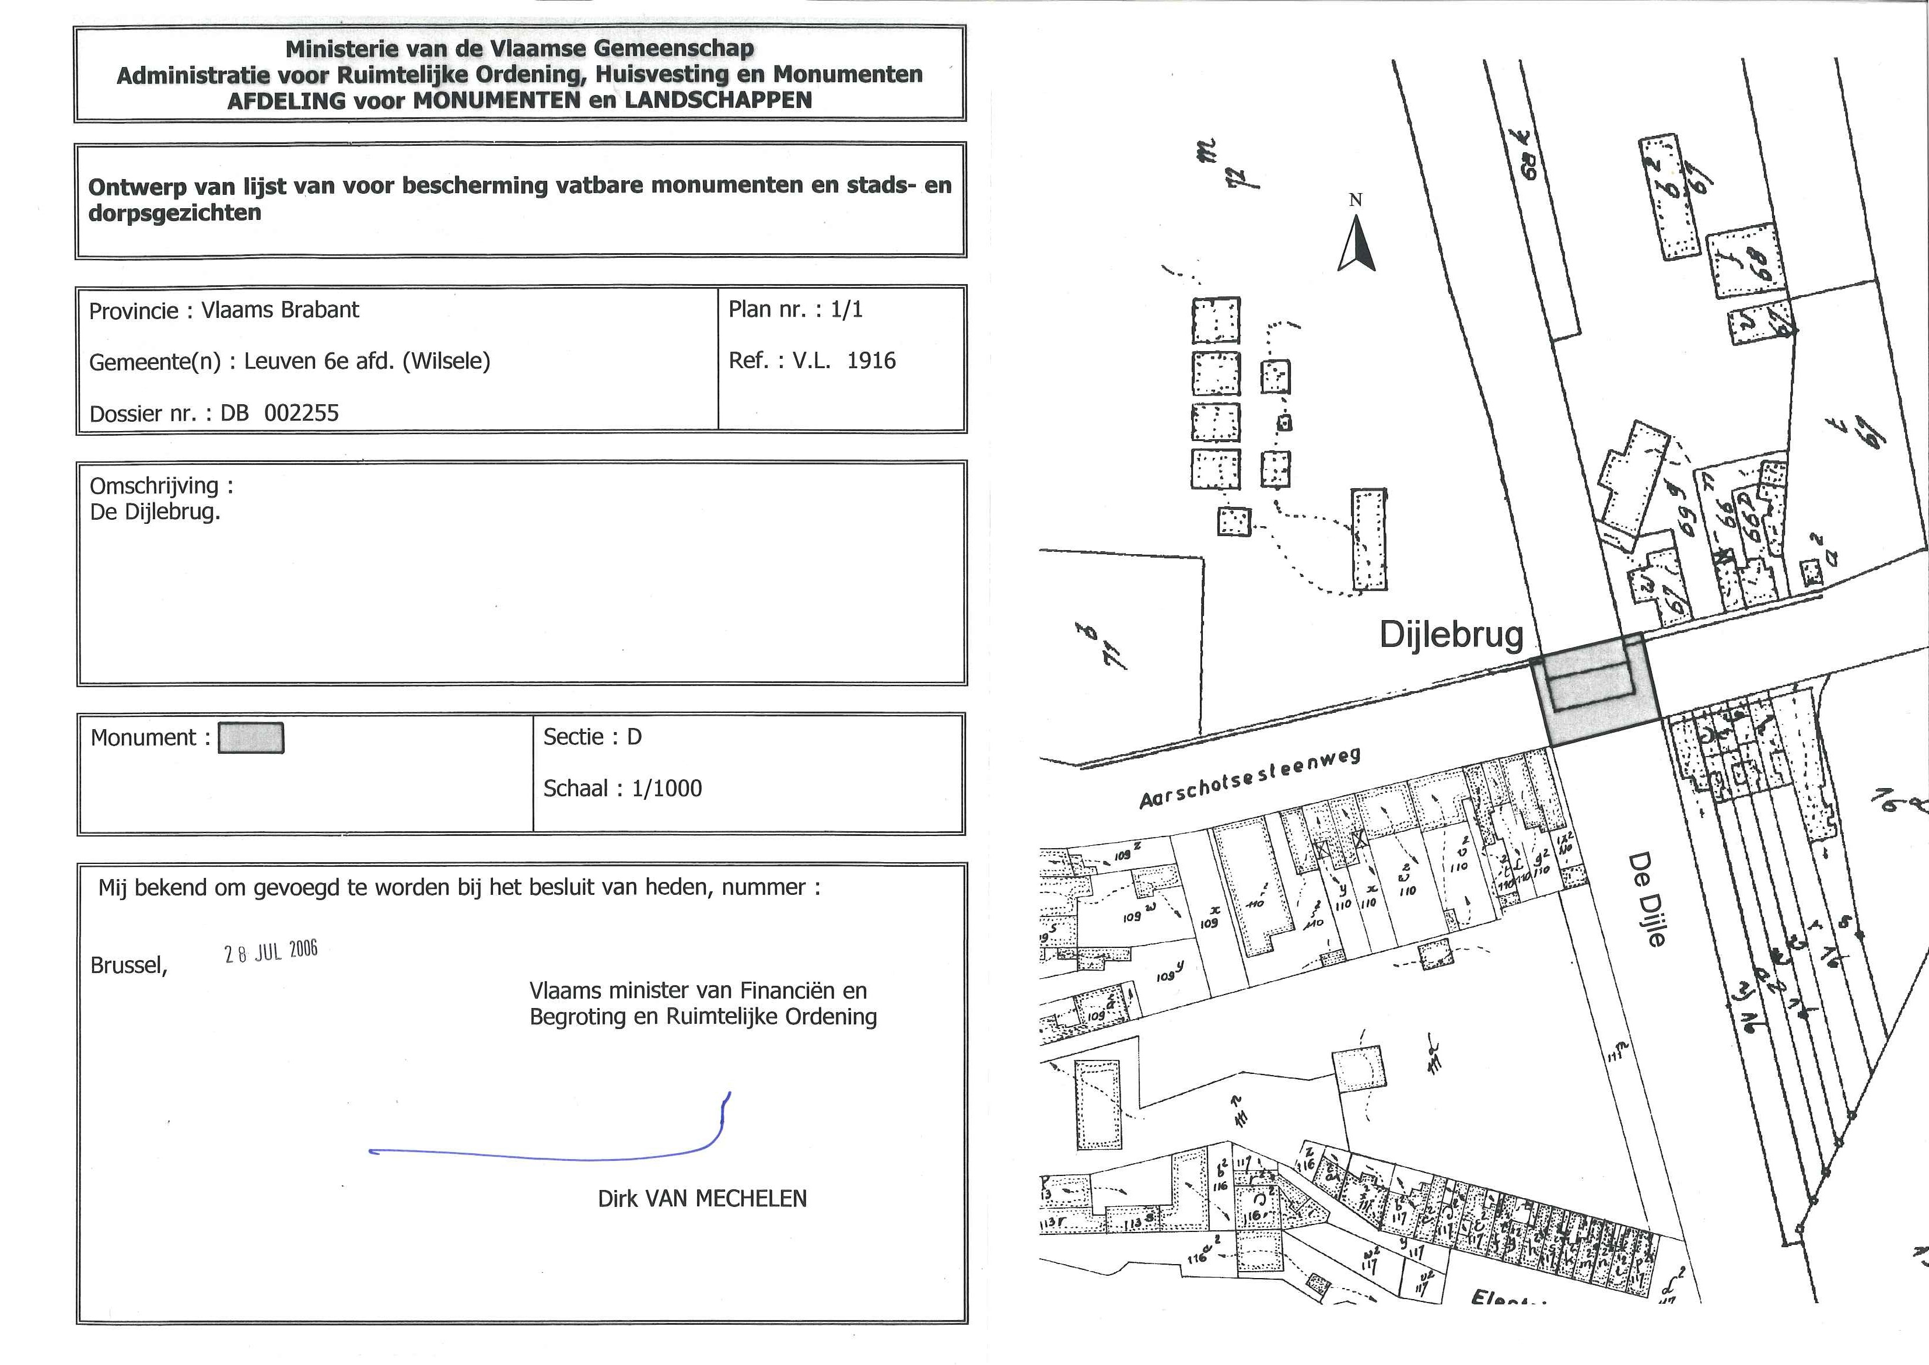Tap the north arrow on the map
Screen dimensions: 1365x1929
[1356, 244]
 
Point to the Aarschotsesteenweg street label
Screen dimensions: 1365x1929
[1249, 778]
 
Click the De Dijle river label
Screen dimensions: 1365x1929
[1646, 900]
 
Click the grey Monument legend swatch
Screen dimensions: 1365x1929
[250, 738]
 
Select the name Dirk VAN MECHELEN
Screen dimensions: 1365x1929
[702, 1199]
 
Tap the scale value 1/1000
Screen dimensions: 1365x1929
[667, 789]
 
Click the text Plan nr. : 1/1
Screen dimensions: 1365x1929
[795, 309]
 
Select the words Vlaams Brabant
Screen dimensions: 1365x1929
[280, 310]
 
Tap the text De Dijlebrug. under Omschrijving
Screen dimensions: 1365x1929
[155, 512]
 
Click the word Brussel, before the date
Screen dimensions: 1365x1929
[128, 965]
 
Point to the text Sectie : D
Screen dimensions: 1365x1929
[591, 737]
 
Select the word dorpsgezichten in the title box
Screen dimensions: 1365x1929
[175, 213]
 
